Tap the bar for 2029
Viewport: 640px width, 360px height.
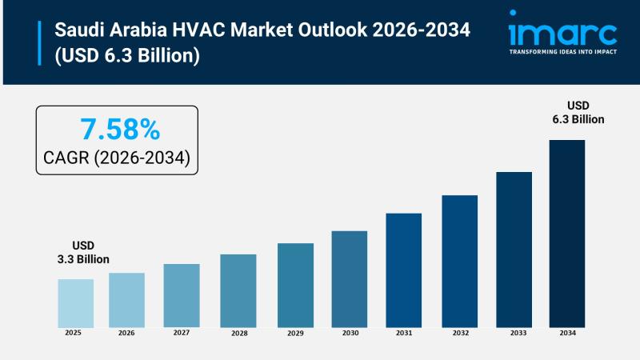coord(295,284)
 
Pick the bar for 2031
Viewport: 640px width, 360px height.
coord(403,270)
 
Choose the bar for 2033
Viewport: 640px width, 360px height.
coord(514,249)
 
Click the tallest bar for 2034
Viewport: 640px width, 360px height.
coord(566,233)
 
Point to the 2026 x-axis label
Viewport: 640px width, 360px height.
coord(126,332)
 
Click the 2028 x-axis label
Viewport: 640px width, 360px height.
coord(238,333)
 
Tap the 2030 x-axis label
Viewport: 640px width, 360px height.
coord(350,332)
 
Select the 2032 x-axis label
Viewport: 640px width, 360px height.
coord(459,332)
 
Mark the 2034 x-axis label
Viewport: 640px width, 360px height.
coord(566,332)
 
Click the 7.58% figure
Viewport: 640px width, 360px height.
coord(119,128)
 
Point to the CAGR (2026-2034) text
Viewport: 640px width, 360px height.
coord(118,158)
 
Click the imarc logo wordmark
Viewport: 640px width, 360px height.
coord(562,33)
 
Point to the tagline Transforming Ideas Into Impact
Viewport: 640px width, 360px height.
coord(563,52)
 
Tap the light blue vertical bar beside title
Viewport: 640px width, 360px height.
coord(39,43)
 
